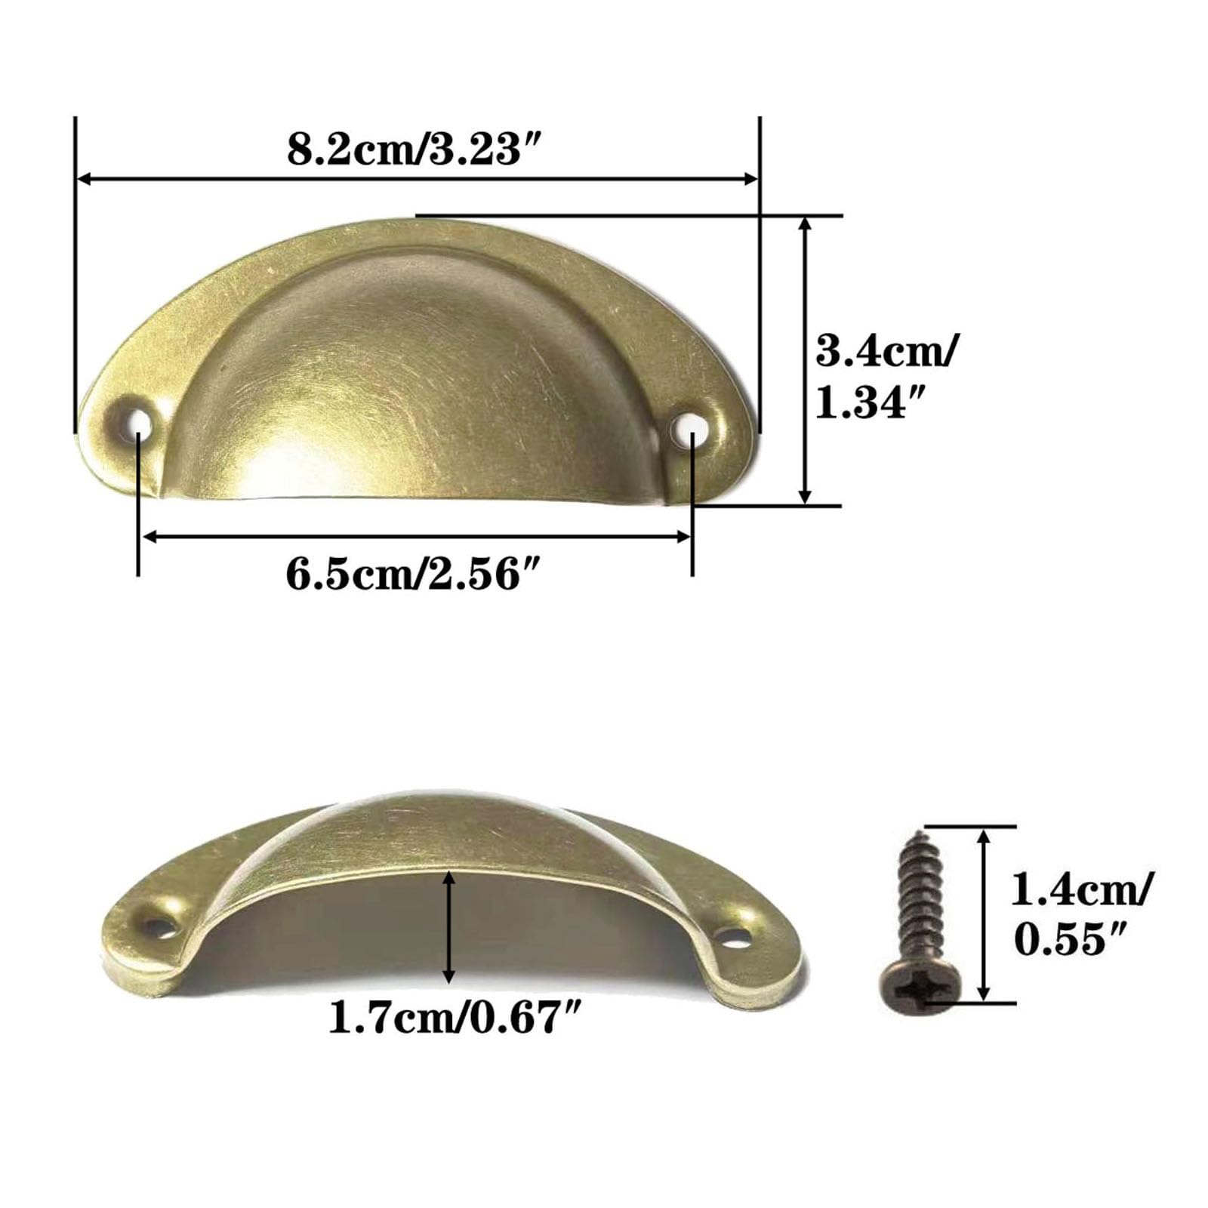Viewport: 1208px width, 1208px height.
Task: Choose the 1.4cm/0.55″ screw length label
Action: coord(1082,914)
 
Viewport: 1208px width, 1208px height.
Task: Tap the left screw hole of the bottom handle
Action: coord(159,925)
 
